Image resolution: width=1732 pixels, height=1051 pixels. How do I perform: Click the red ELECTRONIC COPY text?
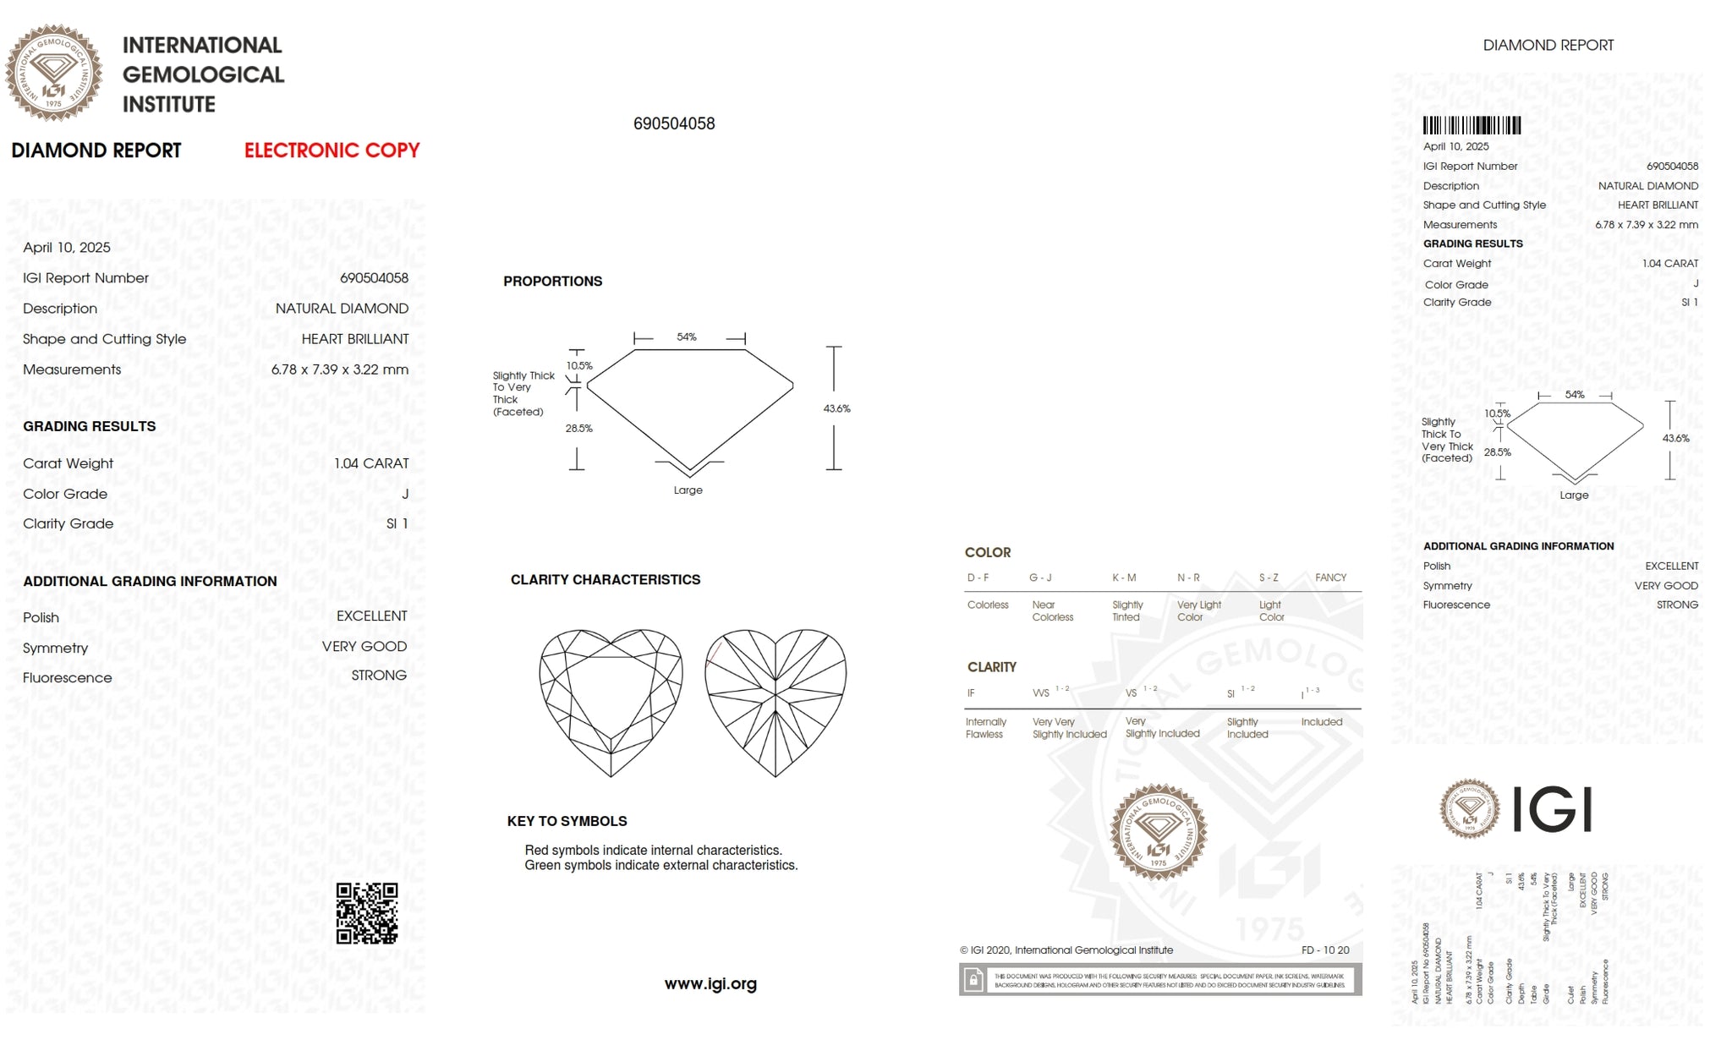click(x=332, y=151)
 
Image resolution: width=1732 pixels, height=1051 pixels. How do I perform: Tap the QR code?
click(x=367, y=913)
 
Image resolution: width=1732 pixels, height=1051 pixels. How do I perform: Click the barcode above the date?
click(x=1472, y=126)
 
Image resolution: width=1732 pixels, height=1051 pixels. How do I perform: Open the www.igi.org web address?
click(x=710, y=983)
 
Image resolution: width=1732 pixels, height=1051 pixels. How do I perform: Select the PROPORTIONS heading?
click(x=552, y=282)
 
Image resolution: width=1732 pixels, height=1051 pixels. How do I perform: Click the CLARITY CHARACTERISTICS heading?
click(x=606, y=580)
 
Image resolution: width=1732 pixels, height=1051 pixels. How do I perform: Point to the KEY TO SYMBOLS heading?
click(x=567, y=821)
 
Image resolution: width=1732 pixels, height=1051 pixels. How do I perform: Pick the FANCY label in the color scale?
click(x=1330, y=578)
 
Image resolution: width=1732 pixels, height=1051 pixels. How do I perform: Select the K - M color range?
click(x=1124, y=578)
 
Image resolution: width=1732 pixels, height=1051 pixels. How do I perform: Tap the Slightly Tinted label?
click(x=1127, y=611)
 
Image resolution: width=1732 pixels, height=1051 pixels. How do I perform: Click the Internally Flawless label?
click(x=986, y=728)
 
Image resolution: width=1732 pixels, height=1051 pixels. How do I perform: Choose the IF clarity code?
click(x=971, y=693)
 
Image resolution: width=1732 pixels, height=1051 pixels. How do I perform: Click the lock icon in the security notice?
click(x=973, y=980)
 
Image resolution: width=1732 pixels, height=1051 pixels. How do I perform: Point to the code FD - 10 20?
click(x=1325, y=950)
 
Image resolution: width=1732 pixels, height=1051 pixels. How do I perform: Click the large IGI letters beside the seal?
click(x=1551, y=809)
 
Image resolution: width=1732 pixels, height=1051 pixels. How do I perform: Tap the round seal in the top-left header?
click(x=54, y=73)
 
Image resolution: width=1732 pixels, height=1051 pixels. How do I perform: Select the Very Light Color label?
click(x=1198, y=611)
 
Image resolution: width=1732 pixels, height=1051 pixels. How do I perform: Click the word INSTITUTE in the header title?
click(x=169, y=105)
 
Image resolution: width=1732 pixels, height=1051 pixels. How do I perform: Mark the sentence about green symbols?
click(x=660, y=866)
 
